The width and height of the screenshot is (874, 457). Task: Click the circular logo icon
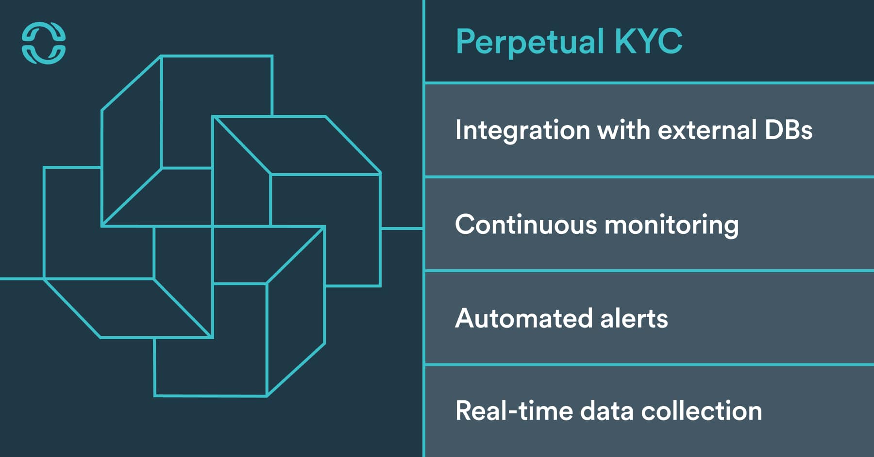(44, 43)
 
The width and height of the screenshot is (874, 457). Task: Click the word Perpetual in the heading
(530, 42)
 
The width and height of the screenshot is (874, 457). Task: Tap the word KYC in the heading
(648, 41)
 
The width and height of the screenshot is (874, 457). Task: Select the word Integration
(522, 131)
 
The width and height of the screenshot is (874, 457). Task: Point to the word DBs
(788, 130)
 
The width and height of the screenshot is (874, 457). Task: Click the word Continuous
(526, 225)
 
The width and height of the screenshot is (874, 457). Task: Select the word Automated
(523, 318)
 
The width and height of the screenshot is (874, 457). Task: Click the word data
(606, 411)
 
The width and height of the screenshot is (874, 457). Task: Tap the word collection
(701, 411)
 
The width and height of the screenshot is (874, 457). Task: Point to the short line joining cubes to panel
(402, 228)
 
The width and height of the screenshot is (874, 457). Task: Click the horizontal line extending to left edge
(22, 278)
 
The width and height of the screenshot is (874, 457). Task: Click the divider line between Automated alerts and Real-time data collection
(649, 364)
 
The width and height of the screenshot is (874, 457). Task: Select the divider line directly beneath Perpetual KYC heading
(649, 83)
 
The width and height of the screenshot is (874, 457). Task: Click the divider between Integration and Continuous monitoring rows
(649, 177)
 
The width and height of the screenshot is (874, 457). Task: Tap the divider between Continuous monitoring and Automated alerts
(649, 271)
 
